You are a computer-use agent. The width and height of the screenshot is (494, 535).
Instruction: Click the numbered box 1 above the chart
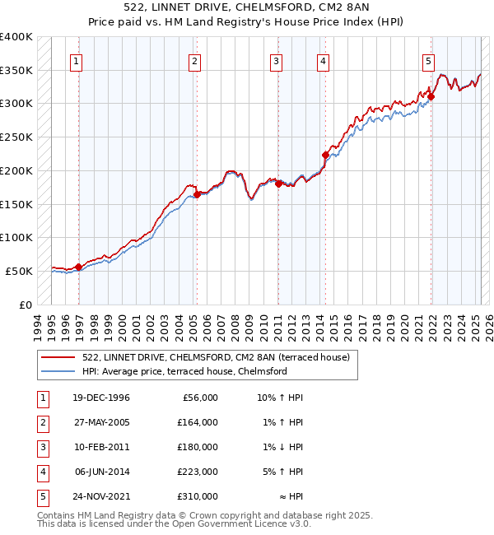[76, 60]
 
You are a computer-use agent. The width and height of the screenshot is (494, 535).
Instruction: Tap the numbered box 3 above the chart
[276, 60]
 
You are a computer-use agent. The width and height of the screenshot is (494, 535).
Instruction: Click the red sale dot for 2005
[198, 195]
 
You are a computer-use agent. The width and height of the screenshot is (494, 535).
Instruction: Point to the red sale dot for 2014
[325, 155]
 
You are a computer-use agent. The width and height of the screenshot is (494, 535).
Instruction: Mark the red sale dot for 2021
[431, 96]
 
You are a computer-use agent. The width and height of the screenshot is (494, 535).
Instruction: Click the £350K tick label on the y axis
[16, 71]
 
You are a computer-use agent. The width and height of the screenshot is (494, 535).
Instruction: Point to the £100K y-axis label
[16, 237]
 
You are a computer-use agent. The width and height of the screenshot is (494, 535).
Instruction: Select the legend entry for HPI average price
[184, 371]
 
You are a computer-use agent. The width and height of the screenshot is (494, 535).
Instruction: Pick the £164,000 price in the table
[198, 422]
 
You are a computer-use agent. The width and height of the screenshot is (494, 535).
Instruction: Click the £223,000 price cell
[198, 472]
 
